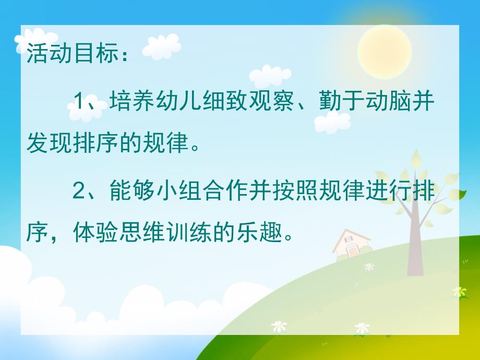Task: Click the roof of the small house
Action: [x=351, y=237]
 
